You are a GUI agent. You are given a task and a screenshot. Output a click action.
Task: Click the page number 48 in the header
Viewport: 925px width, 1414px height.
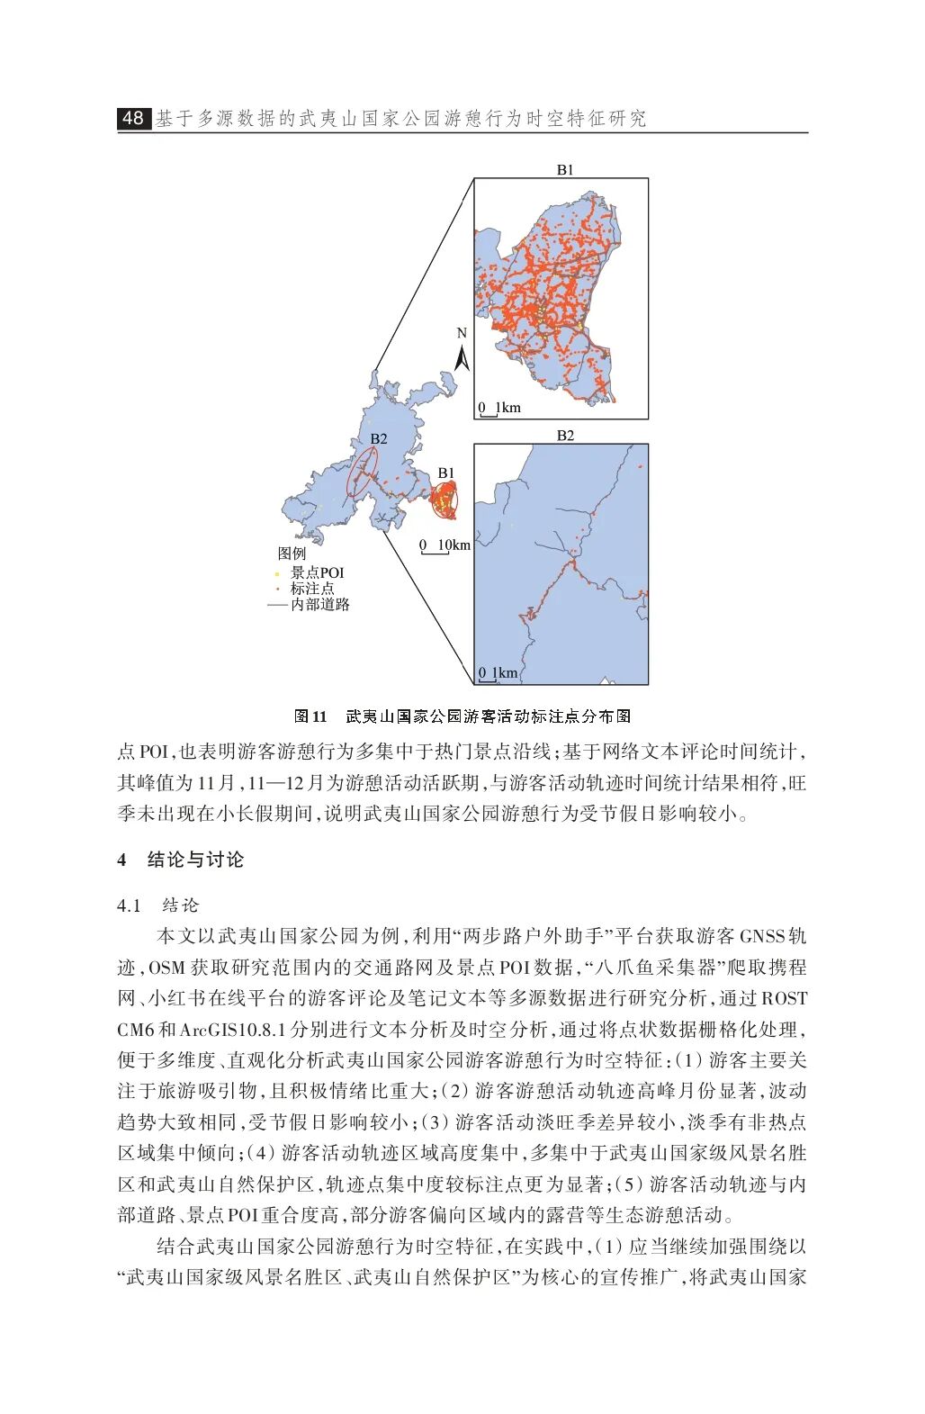[133, 118]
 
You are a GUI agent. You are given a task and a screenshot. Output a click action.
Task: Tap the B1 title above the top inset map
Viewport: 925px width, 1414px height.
[564, 169]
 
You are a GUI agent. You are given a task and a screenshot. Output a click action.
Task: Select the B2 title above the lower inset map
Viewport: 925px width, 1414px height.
[564, 436]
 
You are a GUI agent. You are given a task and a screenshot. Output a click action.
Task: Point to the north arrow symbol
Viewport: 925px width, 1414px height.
[462, 359]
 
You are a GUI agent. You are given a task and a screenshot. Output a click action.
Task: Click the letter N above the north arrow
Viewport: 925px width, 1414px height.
[462, 333]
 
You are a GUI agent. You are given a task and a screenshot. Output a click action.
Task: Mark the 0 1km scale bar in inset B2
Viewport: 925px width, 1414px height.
[498, 673]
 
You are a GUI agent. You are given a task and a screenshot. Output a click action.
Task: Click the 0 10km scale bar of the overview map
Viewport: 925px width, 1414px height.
[445, 545]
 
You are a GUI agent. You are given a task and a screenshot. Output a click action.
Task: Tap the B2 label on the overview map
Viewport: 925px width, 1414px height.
[379, 438]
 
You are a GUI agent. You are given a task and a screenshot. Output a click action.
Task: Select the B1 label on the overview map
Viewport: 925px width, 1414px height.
[446, 473]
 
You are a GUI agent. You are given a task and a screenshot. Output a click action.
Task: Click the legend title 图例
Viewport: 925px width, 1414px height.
[292, 554]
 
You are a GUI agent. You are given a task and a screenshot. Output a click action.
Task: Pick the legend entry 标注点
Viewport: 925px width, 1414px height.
[311, 589]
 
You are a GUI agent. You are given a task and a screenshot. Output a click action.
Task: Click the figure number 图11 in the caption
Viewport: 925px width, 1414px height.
[310, 716]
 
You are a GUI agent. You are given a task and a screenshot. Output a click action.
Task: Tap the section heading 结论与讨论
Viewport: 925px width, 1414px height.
[195, 860]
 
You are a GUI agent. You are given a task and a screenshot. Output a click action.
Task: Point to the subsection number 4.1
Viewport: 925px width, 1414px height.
[130, 905]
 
